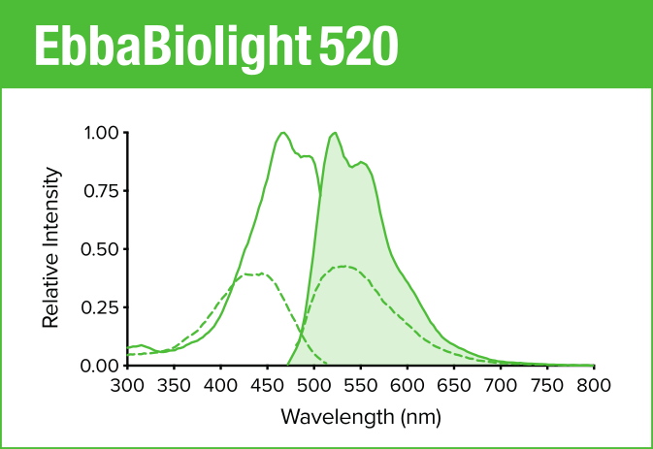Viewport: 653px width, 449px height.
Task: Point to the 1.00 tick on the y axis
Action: click(x=102, y=133)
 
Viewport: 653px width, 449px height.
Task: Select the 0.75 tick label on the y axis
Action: click(x=102, y=191)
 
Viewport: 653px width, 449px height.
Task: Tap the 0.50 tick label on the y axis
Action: click(x=102, y=249)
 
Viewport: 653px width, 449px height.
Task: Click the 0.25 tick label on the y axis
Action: click(x=102, y=307)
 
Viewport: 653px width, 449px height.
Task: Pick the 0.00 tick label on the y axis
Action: click(x=102, y=366)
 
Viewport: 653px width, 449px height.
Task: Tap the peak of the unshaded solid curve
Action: click(x=282, y=133)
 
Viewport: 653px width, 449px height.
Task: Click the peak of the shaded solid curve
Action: click(x=334, y=133)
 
